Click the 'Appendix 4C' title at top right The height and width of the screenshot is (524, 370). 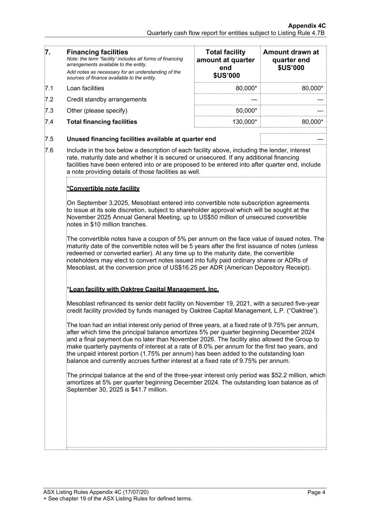307,26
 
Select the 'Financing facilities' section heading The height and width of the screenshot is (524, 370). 97,52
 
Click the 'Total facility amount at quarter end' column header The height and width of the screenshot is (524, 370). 225,64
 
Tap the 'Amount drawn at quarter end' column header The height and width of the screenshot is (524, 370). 291,60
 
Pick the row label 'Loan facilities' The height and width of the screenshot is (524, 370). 85,88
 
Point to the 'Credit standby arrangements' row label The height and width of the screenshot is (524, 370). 106,99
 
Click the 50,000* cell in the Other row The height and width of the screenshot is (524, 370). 246,111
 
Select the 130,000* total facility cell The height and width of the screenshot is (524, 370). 245,122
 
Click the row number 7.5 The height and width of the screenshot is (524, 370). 49,139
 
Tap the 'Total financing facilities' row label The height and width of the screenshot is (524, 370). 102,122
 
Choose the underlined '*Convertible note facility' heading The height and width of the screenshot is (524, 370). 103,188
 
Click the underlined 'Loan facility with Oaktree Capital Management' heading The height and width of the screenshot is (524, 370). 144,289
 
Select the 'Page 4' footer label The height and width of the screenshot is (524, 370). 316,492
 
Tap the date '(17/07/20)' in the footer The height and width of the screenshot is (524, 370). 136,492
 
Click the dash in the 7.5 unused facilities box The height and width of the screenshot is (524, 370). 320,139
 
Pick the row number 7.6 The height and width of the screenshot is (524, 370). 49,150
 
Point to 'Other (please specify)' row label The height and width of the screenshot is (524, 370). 97,111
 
